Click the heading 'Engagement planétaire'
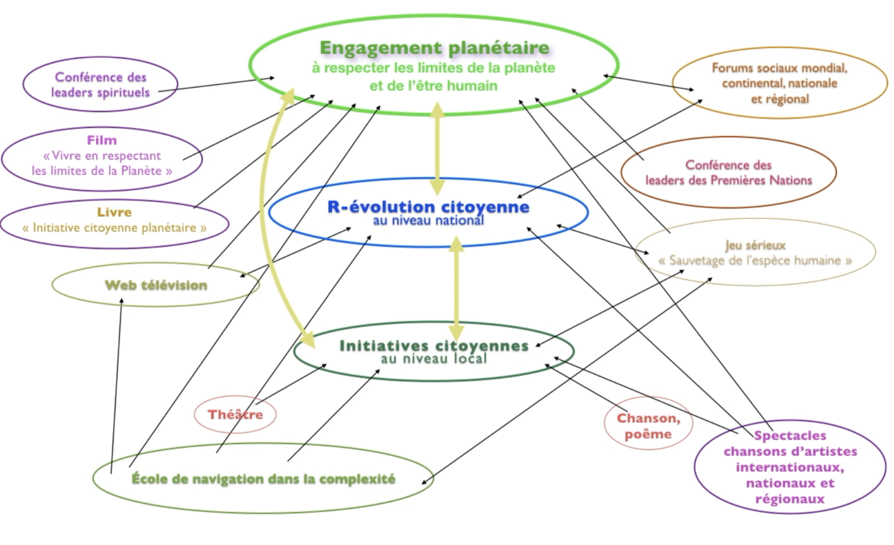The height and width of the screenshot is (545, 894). pos(434,48)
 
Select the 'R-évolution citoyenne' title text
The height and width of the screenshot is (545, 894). pos(428,207)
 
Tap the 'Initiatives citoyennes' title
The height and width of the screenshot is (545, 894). pos(434,346)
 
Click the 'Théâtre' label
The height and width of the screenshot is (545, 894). pos(235,415)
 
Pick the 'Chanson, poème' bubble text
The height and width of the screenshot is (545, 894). pos(648,426)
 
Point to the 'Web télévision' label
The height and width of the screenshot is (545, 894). pos(156,285)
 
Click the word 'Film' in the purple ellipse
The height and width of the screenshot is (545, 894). pos(102,140)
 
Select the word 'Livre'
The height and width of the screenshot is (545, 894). pos(114,212)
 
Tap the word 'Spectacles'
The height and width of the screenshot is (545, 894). pos(790,435)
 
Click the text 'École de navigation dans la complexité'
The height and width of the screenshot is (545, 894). pos(263,479)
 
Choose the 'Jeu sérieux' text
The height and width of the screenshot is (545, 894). pos(755,245)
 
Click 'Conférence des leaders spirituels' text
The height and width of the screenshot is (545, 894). pos(100,85)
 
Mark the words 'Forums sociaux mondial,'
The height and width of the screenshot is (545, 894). pos(780,68)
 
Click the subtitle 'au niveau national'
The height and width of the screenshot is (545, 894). pos(428,221)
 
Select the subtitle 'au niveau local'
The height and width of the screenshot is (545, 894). pos(434,359)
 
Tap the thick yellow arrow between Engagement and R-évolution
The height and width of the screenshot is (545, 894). pos(437,148)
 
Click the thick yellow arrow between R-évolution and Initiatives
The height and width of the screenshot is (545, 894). pos(456,289)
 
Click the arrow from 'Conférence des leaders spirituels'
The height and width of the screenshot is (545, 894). pos(218,84)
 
